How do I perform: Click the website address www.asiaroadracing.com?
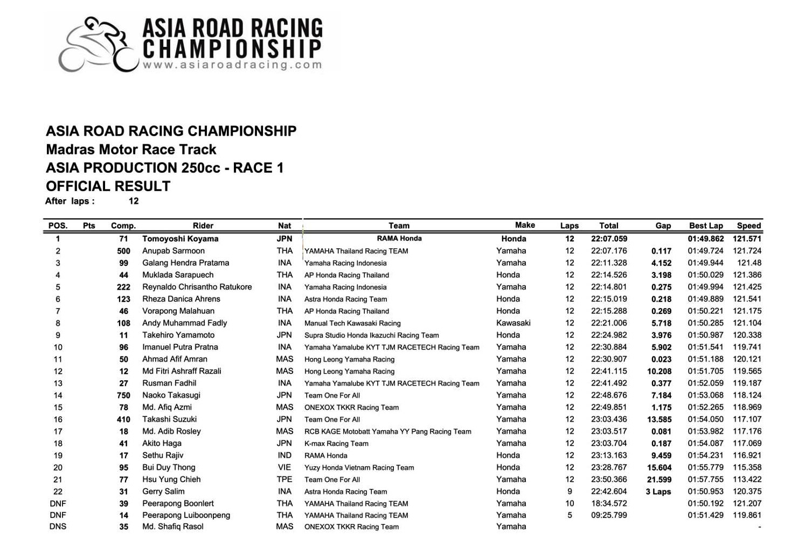coord(232,65)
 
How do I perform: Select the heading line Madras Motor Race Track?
coord(131,150)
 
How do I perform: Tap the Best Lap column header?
coord(706,226)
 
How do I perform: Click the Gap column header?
coord(663,226)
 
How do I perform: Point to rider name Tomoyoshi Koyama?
coord(180,239)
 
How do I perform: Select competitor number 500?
coord(123,251)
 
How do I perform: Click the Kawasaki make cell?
coord(513,323)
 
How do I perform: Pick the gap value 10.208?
coord(659,372)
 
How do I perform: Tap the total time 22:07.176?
coord(608,251)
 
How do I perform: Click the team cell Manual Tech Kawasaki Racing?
coord(352,324)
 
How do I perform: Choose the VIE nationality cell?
coord(284,467)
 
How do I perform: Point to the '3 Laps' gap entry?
coord(658,492)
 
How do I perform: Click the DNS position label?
coord(58,527)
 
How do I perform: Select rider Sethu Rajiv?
coord(163,456)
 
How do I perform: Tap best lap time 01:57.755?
coord(705,479)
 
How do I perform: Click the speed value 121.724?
coord(747,251)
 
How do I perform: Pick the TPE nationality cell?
coord(284,479)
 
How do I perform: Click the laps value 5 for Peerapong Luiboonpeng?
coord(570,515)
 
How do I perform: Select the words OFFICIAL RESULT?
coord(108,186)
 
